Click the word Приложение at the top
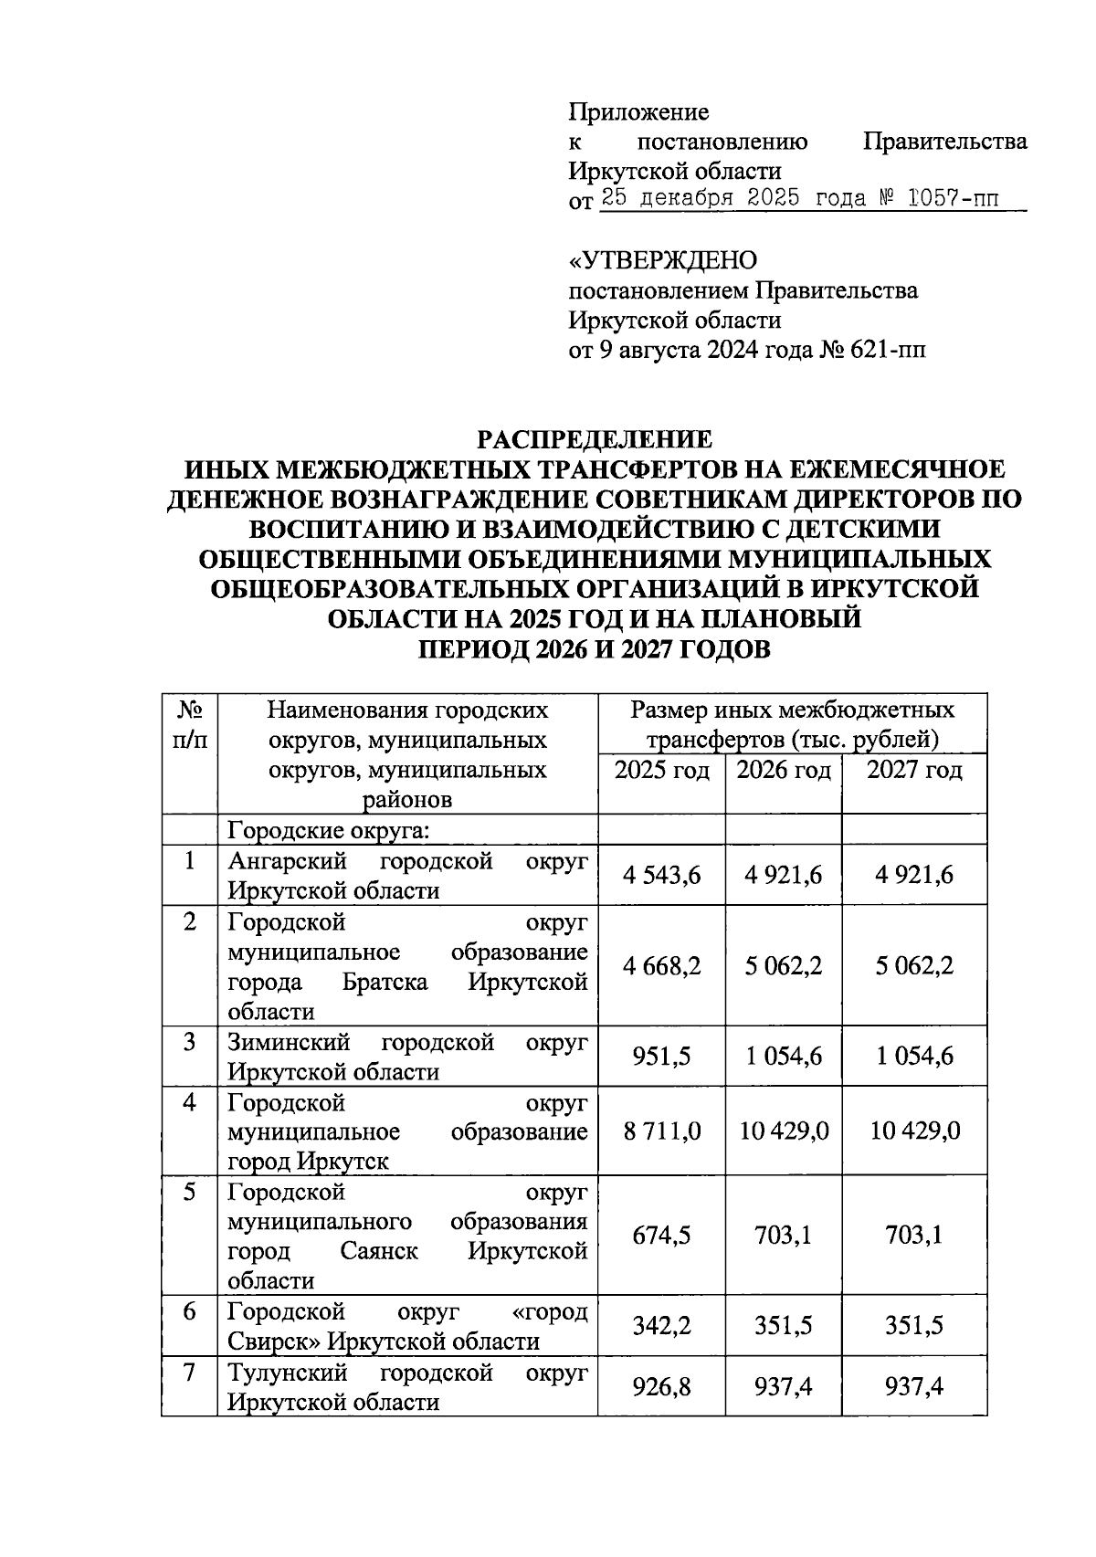(638, 112)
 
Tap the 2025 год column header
(661, 771)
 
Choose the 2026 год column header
(784, 771)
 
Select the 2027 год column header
(913, 771)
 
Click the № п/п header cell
(189, 724)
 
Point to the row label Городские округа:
(329, 831)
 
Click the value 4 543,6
(661, 876)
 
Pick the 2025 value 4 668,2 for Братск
(661, 966)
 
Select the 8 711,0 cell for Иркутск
(661, 1131)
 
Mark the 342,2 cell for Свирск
(661, 1326)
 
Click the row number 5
(189, 1193)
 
